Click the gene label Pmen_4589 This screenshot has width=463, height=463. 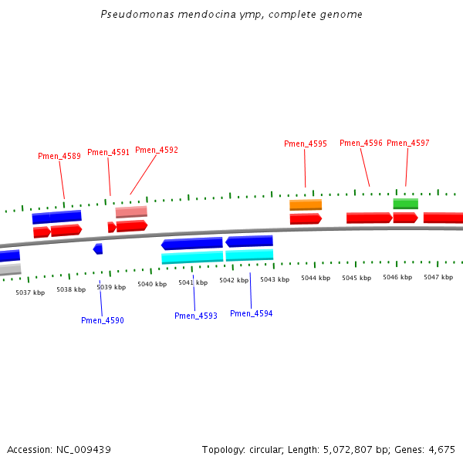(59, 156)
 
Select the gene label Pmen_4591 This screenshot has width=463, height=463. (108, 152)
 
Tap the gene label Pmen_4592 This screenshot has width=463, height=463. (157, 150)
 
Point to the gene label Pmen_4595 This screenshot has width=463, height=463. (306, 144)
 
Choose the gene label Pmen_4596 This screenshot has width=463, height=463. (361, 143)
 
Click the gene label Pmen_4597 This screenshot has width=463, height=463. (408, 143)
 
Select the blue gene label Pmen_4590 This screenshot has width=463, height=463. (103, 320)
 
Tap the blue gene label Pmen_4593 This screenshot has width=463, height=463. (196, 316)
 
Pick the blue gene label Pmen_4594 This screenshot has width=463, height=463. (252, 313)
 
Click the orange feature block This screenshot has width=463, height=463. (306, 204)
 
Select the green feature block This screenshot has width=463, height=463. (405, 204)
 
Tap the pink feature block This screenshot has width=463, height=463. (131, 211)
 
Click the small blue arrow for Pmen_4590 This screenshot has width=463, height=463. (98, 248)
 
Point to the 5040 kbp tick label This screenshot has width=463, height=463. (152, 284)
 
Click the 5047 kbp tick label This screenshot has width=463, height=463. (438, 277)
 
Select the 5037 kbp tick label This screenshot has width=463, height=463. (30, 292)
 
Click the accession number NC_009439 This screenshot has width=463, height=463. (83, 449)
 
